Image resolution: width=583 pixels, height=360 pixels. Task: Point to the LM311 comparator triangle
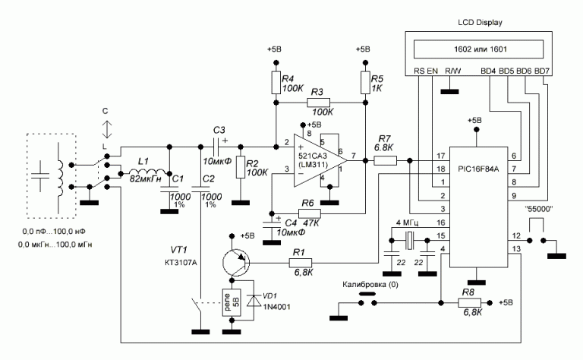(x=320, y=160)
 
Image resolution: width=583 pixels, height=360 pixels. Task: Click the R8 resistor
(x=473, y=302)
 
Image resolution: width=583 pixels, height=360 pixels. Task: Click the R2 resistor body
(x=241, y=167)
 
